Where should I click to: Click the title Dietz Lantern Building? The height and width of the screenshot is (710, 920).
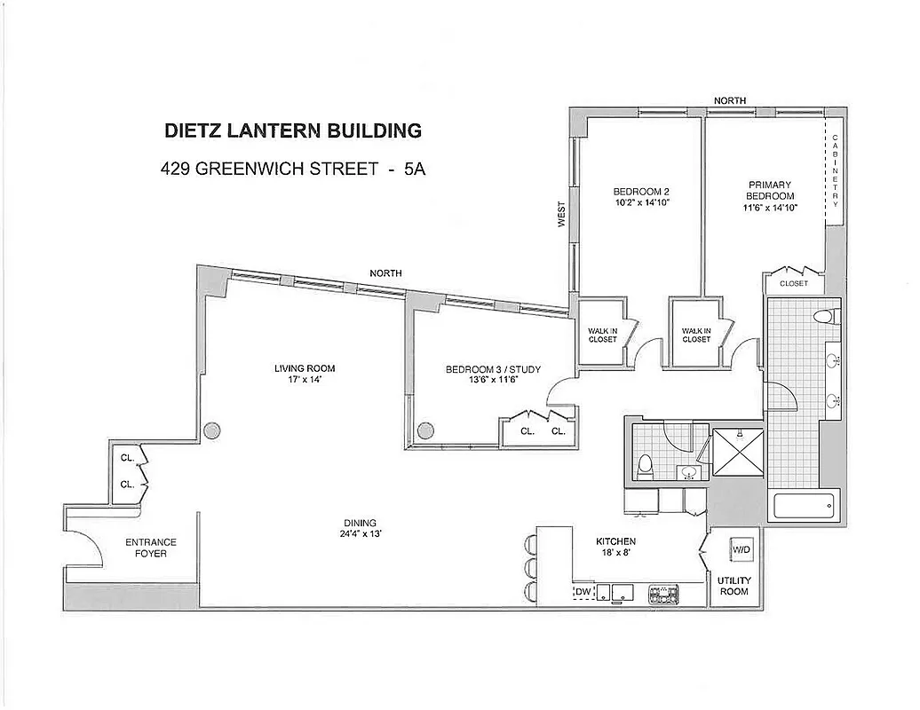click(293, 130)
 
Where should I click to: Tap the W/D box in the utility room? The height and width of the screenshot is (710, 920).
click(740, 550)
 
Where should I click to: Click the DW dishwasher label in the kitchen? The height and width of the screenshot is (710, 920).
click(583, 591)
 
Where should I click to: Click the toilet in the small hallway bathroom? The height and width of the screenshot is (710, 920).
click(646, 466)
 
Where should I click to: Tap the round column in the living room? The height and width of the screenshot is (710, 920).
click(212, 431)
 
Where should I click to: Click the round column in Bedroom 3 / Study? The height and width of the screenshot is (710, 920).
click(425, 431)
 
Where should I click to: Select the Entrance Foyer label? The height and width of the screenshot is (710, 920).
click(151, 548)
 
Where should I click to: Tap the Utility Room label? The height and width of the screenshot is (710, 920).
click(734, 586)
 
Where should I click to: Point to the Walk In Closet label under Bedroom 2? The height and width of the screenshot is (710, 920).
click(602, 335)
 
